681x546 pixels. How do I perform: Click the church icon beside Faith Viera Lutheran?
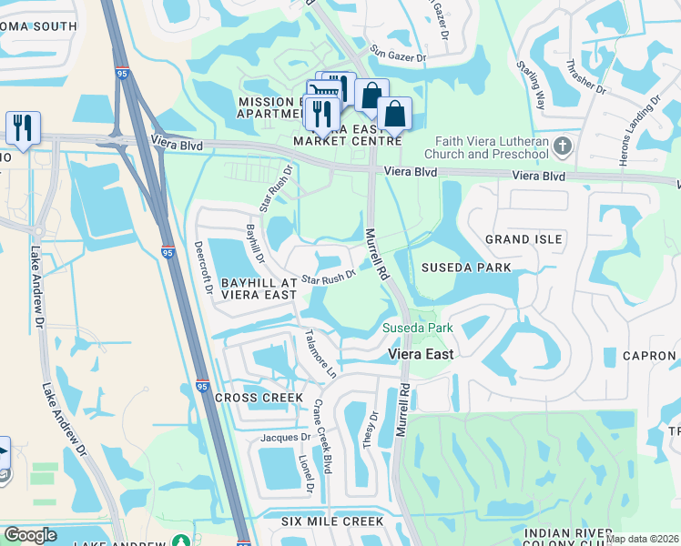tap(563, 147)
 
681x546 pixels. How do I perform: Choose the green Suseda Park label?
tap(417, 327)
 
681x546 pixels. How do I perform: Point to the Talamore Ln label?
tap(320, 353)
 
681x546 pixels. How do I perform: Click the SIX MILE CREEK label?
tap(332, 521)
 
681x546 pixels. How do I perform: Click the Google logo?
tap(30, 536)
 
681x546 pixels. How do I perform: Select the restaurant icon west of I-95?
tap(23, 127)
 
